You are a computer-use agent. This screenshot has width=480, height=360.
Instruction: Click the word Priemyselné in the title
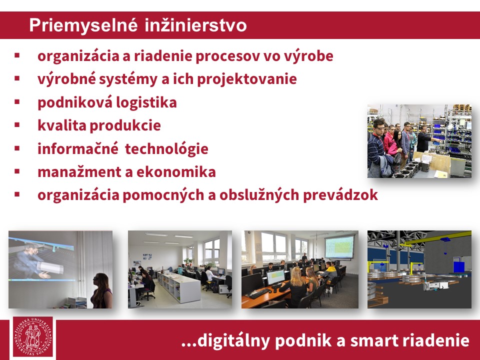tap(83, 25)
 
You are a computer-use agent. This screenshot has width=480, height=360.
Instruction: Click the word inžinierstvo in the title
tap(195, 25)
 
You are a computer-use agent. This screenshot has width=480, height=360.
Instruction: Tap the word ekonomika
tap(176, 171)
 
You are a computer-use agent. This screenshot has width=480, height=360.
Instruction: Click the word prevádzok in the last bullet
tap(340, 195)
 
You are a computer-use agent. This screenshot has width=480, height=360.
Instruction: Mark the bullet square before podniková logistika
tap(17, 101)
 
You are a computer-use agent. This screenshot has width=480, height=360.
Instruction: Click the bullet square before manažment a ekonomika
tap(17, 171)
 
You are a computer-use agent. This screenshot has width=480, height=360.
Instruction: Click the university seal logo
tap(33, 337)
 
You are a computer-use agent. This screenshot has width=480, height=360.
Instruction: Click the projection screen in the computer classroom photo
tap(339, 246)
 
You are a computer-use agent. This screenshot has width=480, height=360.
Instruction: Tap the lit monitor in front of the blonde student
tap(275, 277)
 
